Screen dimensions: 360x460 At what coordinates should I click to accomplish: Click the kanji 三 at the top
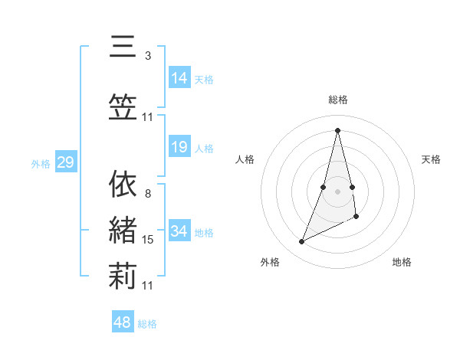(x=123, y=47)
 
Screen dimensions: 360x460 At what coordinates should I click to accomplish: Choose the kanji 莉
(x=123, y=277)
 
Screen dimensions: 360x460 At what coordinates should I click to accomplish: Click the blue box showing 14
(x=179, y=77)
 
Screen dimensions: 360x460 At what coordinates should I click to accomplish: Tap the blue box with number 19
(x=179, y=147)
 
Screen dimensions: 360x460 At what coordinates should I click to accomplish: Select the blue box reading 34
(x=179, y=231)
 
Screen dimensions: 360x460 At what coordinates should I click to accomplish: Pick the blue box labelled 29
(x=65, y=162)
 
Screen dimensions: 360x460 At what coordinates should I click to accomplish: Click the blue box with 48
(x=123, y=322)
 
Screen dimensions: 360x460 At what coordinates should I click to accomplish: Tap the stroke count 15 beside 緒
(x=148, y=240)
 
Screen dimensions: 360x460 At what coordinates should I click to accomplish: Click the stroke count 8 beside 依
(x=148, y=194)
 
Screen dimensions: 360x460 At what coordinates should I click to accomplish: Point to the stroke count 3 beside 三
(x=148, y=55)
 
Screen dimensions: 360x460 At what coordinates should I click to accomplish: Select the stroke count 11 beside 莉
(x=148, y=286)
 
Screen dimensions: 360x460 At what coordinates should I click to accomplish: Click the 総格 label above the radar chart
(x=338, y=100)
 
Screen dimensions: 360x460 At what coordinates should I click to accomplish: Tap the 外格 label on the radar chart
(x=270, y=262)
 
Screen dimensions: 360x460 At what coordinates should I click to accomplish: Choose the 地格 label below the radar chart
(x=402, y=262)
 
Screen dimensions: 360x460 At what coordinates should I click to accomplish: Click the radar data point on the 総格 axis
(x=338, y=129)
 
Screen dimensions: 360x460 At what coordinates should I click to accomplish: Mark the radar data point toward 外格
(x=302, y=242)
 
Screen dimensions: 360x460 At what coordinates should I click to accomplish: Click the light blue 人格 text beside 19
(x=204, y=149)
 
